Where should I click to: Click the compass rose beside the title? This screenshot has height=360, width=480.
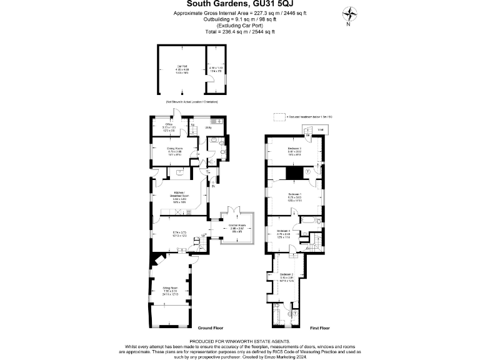tap(349, 14)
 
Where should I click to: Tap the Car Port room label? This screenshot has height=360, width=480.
tap(182, 66)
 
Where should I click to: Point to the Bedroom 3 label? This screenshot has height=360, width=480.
tap(296, 147)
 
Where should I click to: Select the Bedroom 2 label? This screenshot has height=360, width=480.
tap(286, 274)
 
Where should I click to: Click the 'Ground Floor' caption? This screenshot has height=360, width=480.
tap(211, 327)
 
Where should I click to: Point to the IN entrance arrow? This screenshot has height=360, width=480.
tap(212, 186)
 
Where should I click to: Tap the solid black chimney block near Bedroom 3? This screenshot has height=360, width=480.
tap(293, 172)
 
